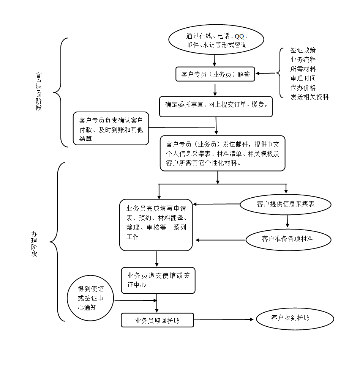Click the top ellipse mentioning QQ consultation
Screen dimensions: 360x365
click(216, 40)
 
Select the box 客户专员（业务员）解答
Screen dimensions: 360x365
click(215, 74)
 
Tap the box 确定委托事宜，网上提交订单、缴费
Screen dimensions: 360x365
click(216, 107)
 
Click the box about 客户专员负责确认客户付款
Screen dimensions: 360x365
click(111, 129)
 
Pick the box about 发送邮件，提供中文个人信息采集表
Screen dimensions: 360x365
click(223, 153)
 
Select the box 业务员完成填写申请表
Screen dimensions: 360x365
click(156, 225)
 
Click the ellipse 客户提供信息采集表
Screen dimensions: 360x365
click(286, 204)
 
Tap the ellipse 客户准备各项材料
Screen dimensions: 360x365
click(289, 240)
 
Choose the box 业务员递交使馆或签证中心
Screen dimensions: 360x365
click(158, 280)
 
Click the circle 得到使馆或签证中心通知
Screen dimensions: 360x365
click(90, 298)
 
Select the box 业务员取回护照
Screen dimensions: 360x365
click(157, 320)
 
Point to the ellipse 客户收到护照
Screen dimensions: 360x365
click(295, 319)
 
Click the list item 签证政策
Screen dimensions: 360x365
click(303, 50)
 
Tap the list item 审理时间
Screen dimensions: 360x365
click(303, 78)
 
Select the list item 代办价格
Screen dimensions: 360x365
click(303, 88)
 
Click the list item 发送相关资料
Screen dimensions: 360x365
click(309, 97)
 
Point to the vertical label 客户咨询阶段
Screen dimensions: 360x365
click(38, 91)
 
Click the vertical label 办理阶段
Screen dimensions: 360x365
click(34, 244)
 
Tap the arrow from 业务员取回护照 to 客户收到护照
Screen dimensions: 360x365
click(224, 319)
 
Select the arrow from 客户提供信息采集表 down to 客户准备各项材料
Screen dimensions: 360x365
click(287, 221)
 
